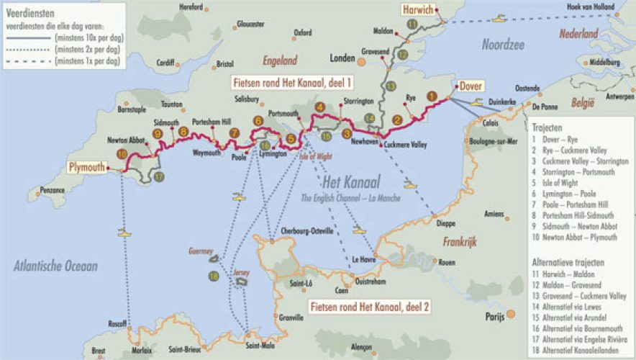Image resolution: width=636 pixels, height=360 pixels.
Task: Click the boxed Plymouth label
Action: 88,167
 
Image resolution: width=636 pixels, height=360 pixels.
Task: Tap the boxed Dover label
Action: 471,86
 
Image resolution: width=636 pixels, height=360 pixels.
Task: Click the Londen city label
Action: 343,58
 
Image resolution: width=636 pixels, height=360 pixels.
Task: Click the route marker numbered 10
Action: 122,153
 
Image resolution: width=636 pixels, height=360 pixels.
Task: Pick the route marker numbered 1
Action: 432,95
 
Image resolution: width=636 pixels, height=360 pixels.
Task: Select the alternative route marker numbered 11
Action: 412,24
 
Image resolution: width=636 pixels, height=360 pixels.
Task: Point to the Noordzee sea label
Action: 503,45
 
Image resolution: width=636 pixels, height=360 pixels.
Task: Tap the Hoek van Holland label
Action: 591,6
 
